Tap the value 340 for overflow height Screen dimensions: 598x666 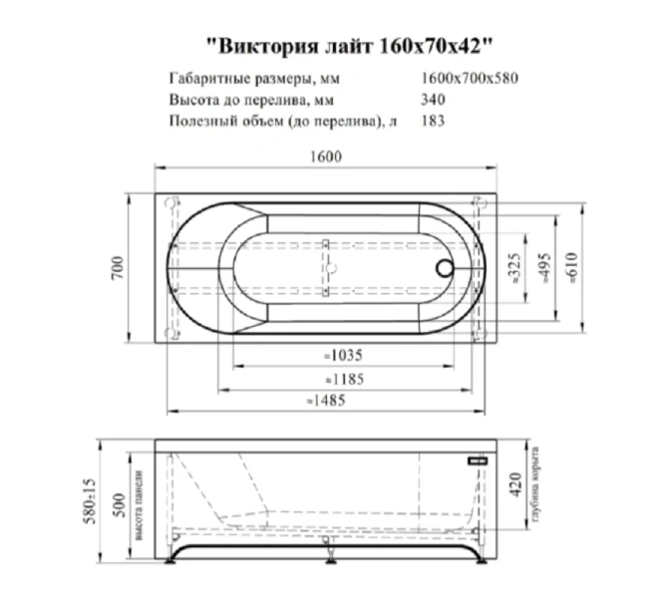point(434,100)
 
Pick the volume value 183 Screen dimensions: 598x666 point(434,121)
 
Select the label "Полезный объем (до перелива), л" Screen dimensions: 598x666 point(275,121)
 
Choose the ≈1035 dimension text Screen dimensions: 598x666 point(342,355)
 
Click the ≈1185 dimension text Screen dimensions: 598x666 point(344,379)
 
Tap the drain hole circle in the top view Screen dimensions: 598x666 point(445,268)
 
